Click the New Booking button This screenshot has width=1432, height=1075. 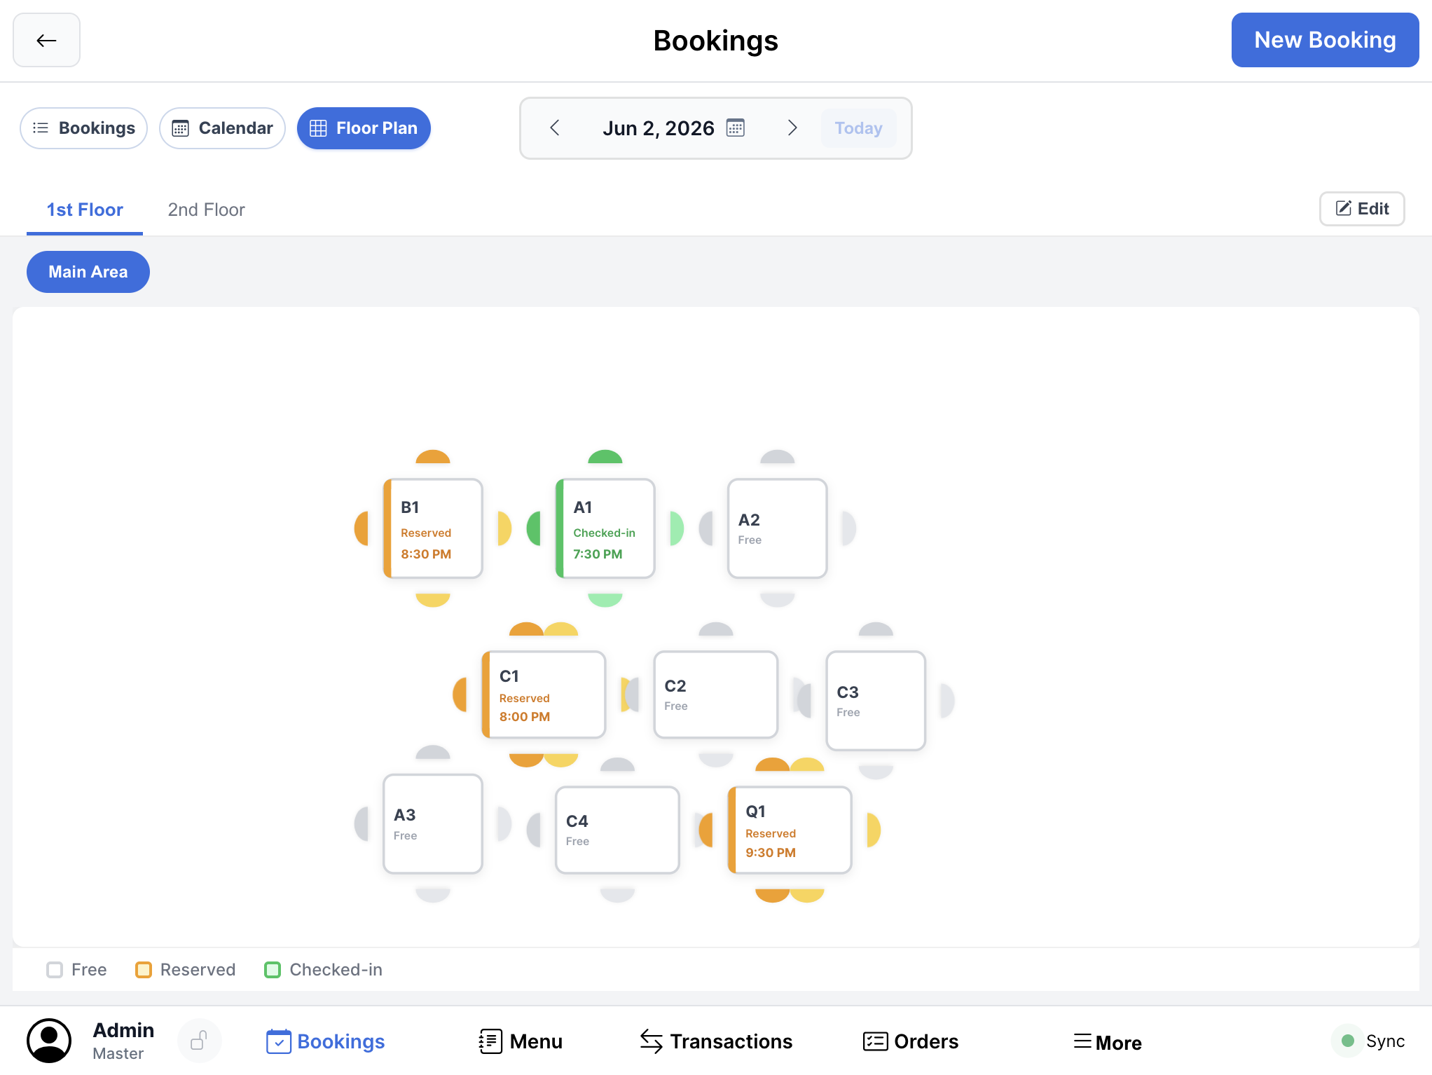1325,40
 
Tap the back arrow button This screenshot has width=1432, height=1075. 46,40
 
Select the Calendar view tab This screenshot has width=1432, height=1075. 222,128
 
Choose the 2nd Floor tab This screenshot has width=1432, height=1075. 206,210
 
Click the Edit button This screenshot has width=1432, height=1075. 1362,209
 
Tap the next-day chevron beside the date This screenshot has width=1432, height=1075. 792,128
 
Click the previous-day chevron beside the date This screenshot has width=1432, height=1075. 555,128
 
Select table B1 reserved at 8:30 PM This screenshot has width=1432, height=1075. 433,528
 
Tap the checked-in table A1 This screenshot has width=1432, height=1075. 605,528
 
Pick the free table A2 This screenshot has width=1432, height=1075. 778,528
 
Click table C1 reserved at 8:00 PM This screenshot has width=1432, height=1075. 544,694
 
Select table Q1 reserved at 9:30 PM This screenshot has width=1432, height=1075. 790,830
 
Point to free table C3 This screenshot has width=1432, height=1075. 876,701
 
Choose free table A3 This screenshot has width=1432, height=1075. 433,824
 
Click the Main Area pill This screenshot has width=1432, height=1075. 88,272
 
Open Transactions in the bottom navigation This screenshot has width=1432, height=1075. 716,1041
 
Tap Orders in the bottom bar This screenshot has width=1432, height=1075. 911,1041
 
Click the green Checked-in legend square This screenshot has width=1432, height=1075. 273,970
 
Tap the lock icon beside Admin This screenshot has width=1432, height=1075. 200,1041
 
